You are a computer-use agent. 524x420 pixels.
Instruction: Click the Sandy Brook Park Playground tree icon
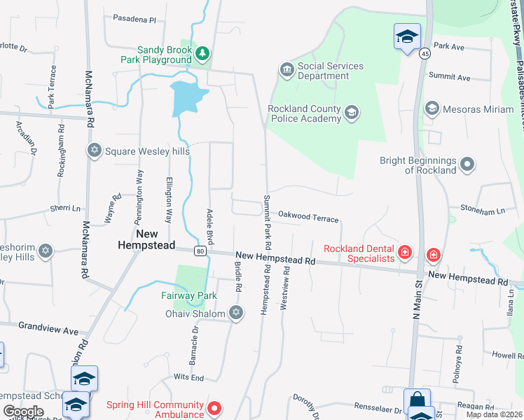click(202, 54)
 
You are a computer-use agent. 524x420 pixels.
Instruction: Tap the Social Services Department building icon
click(287, 70)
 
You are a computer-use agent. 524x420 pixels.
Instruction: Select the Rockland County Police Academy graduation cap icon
click(352, 113)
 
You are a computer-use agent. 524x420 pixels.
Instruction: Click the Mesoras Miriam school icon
click(432, 108)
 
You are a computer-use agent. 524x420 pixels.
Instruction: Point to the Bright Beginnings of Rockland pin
click(468, 165)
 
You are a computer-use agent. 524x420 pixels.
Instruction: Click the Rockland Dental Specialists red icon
click(405, 253)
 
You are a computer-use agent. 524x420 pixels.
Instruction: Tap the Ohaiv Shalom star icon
click(236, 314)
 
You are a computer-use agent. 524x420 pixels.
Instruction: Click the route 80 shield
click(200, 251)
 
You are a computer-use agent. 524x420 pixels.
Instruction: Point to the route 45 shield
click(425, 52)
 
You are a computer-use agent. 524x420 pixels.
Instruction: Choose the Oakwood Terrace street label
click(308, 218)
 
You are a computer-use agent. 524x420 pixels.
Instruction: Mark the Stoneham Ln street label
click(482, 210)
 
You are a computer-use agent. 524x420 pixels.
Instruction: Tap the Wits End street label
click(188, 378)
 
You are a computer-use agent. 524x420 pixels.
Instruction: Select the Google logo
click(23, 412)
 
